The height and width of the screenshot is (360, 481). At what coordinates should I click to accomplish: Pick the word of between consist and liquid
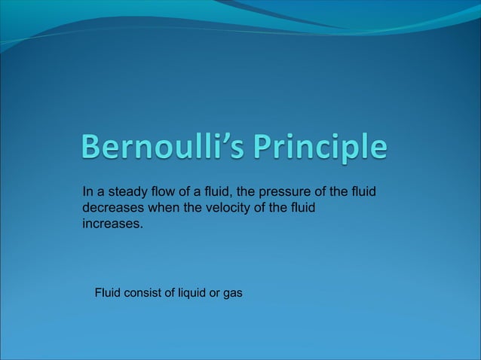point(169,291)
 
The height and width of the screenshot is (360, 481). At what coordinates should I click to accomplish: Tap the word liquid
point(191,291)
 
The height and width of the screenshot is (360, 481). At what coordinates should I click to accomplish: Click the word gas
point(233,291)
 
